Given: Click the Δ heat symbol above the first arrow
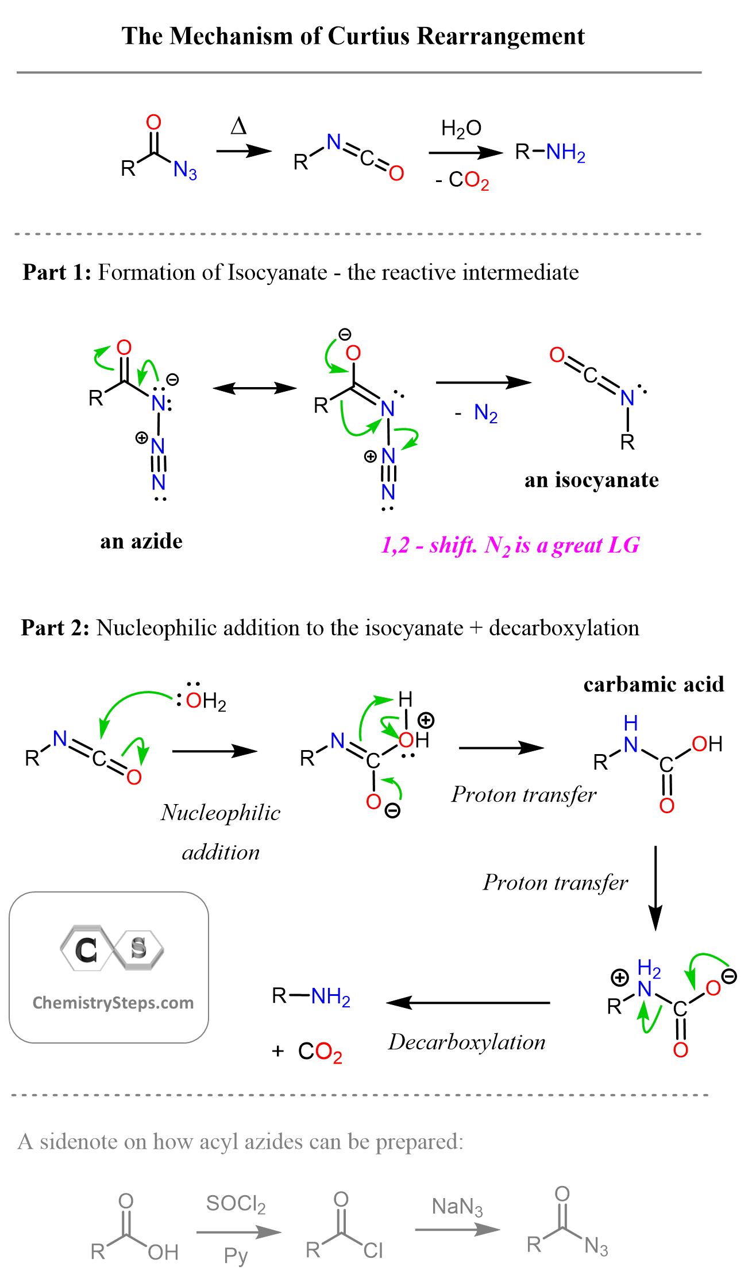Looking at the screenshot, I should click(x=238, y=126).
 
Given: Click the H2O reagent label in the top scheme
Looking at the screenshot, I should click(x=461, y=129).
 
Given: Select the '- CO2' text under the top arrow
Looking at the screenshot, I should click(x=462, y=180).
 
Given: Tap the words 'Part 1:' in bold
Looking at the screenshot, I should click(x=56, y=272).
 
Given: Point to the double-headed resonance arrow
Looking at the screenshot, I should click(x=254, y=388).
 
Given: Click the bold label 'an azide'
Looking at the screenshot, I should click(x=141, y=541).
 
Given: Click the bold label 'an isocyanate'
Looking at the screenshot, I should click(x=591, y=480).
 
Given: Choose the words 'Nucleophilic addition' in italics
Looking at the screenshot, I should click(x=221, y=832).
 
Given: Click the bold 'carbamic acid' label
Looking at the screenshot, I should click(x=653, y=684).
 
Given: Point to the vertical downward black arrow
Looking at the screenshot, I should click(x=655, y=887).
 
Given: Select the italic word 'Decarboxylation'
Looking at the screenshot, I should click(x=466, y=1042).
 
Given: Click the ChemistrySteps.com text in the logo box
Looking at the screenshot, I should click(x=113, y=1003).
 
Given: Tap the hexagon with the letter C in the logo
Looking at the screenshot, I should click(x=86, y=949).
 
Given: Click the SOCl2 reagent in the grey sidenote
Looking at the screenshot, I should click(x=236, y=1204).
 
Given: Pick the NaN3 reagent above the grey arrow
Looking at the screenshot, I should click(x=457, y=1207).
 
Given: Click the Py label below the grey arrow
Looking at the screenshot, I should click(x=236, y=1255).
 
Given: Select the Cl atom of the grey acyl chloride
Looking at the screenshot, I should click(x=373, y=1250).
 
